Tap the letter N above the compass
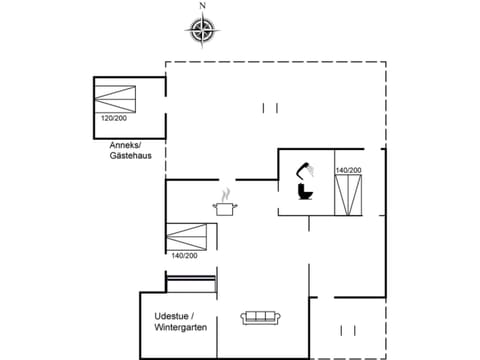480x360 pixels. coord(203,6)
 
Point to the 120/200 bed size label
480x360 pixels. coord(113,118)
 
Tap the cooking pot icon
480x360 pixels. coord(225,207)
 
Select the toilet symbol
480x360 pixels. coord(304,188)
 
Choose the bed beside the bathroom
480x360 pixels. coord(348,194)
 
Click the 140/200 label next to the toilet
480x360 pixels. coord(348,170)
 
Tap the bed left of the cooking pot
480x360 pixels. coord(187,238)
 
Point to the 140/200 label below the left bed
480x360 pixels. coord(185,256)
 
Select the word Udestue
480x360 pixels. coord(174,316)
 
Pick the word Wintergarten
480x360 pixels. coord(180,328)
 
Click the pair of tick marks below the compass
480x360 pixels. coord(268,107)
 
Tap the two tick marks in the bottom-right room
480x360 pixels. coord(349,329)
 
